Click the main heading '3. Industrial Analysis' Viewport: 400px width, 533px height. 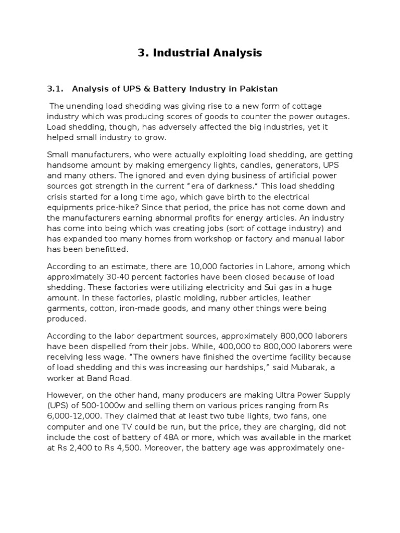(x=200, y=53)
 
